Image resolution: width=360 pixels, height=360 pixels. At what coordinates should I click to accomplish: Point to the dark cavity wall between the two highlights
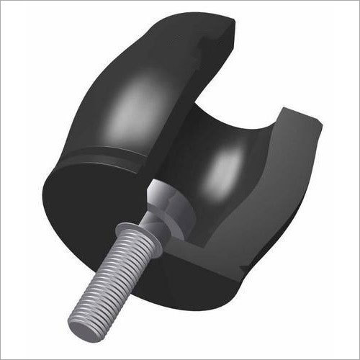click(x=191, y=140)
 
